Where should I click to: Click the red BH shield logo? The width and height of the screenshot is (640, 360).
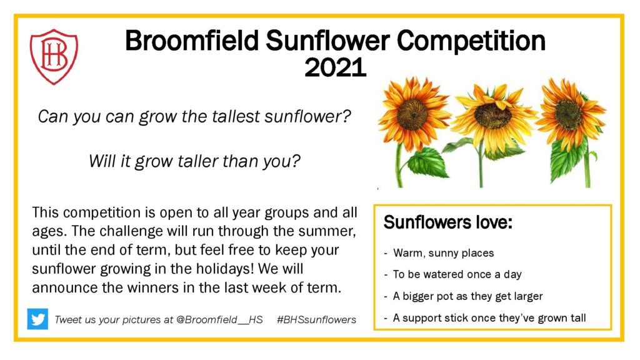[x=54, y=56]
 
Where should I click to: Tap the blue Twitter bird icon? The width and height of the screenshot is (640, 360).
[x=37, y=319]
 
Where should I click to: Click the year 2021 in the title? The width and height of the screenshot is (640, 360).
[x=335, y=67]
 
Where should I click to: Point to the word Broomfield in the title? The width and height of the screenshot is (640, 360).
[x=192, y=41]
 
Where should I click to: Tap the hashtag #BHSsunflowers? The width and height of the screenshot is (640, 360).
[x=316, y=319]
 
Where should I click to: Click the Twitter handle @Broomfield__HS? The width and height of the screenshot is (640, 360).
[x=219, y=319]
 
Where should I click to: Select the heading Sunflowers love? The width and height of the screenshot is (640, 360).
[x=447, y=222]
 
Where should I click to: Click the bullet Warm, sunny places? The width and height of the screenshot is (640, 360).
[x=443, y=253]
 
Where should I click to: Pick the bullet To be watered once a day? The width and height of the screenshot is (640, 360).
[x=457, y=274]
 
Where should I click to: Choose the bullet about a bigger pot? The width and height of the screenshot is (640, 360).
[x=467, y=296]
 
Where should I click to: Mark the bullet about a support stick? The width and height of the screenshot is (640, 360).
[x=489, y=318]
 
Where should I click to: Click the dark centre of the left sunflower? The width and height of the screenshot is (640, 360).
[x=412, y=115]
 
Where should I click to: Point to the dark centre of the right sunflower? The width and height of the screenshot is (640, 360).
[x=569, y=114]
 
